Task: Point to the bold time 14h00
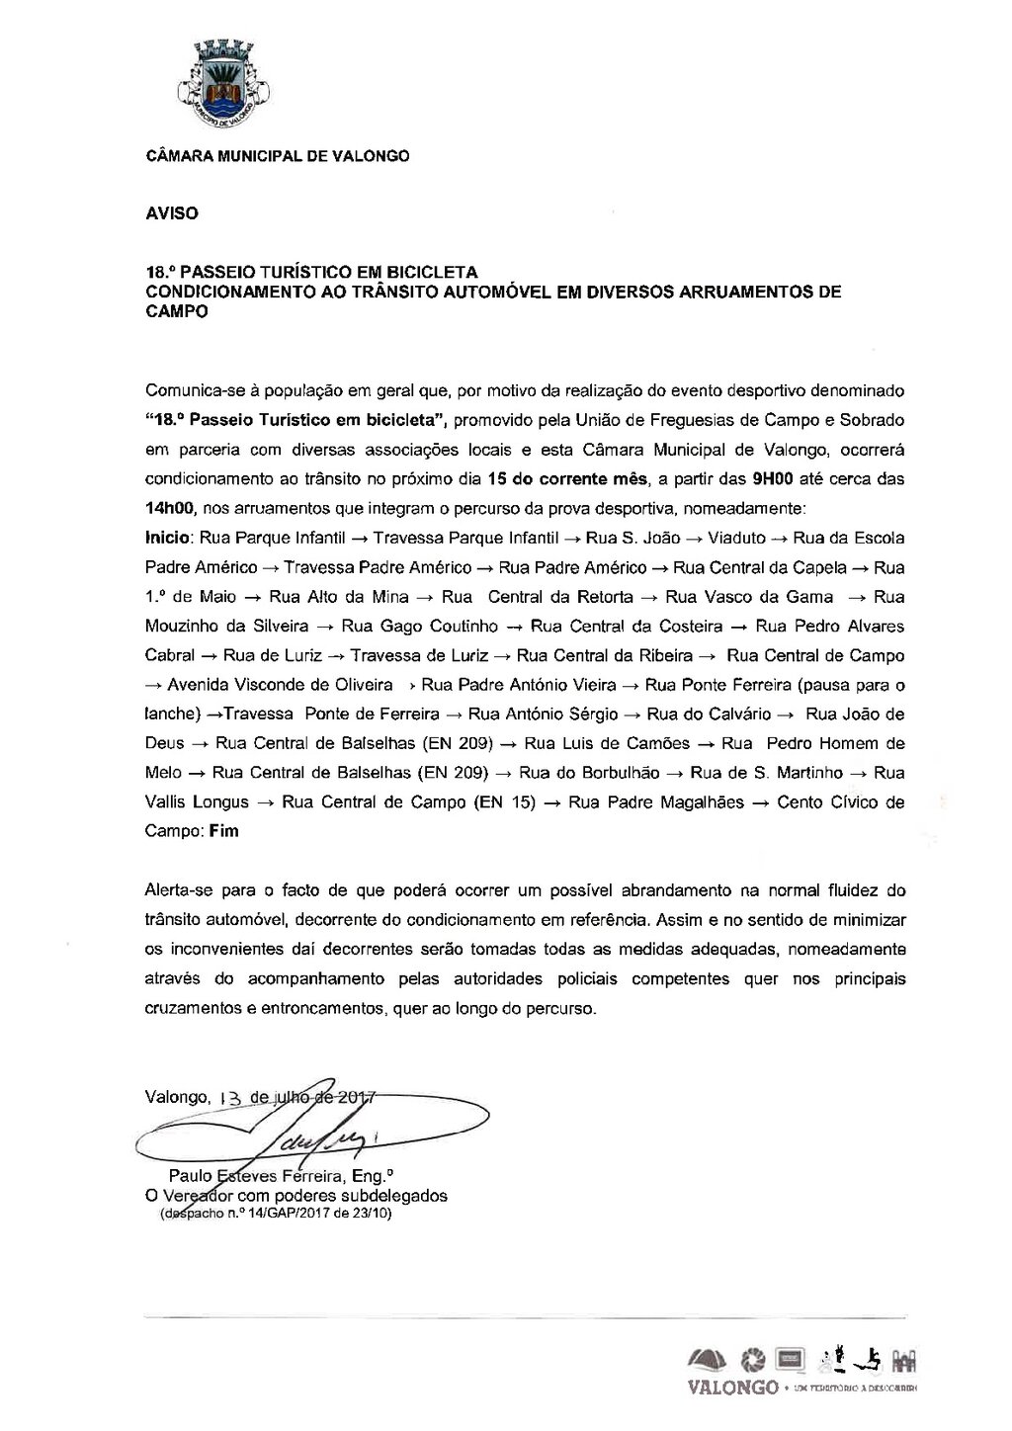(172, 509)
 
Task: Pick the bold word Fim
(224, 831)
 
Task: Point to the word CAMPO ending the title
(177, 310)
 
